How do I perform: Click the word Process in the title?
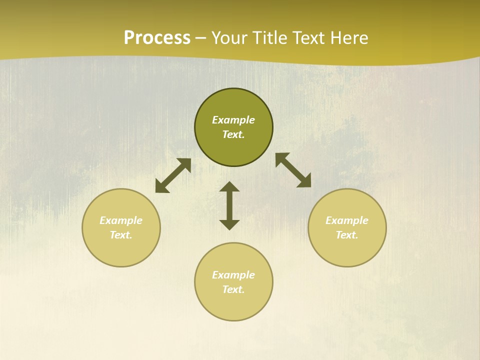tap(157, 38)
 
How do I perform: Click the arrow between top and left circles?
tap(173, 175)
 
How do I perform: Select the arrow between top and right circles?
tap(293, 170)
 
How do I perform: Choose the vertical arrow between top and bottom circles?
tap(229, 205)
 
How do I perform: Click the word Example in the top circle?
tap(233, 120)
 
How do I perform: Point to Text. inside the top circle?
tap(233, 134)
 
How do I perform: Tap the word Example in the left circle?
tap(121, 220)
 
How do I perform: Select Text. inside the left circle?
tap(121, 235)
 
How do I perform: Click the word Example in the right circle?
tap(347, 220)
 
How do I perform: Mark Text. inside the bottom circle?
tap(233, 289)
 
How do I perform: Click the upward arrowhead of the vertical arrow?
tap(229, 186)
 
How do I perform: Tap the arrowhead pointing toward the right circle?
tap(304, 181)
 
